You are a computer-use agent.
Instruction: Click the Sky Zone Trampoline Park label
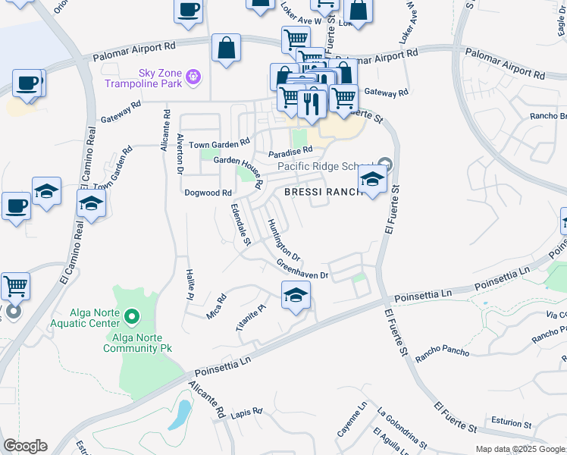click(x=159, y=78)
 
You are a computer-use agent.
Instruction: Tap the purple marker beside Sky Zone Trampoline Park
click(x=194, y=76)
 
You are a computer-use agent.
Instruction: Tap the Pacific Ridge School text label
click(x=326, y=166)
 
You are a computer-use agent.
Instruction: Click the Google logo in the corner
click(x=25, y=446)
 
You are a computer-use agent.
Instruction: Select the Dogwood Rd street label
click(x=208, y=193)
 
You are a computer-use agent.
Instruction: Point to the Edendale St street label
click(x=240, y=224)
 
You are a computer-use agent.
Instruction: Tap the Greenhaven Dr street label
click(x=302, y=269)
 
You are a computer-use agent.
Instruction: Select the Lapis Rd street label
click(x=246, y=413)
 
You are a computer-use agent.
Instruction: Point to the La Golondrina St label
click(x=401, y=428)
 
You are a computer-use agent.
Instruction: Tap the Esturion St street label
click(x=506, y=422)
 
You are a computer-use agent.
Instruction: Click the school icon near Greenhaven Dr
click(x=296, y=297)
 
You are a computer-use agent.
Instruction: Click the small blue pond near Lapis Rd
click(x=181, y=414)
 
